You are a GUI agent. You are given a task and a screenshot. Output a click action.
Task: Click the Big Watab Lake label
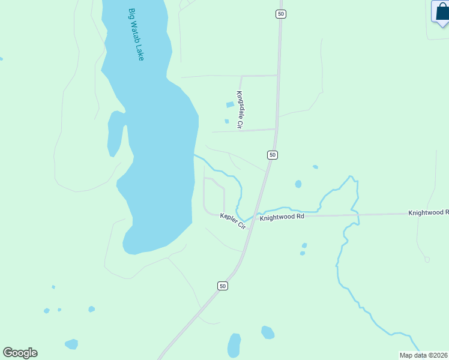(x=136, y=34)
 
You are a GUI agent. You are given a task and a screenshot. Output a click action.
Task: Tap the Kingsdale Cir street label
(x=239, y=110)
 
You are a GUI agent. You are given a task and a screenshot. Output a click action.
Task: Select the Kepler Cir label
(x=233, y=220)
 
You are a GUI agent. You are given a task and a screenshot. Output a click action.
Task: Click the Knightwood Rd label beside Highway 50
(x=282, y=217)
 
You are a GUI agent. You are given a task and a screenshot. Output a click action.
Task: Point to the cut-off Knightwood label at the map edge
(x=428, y=212)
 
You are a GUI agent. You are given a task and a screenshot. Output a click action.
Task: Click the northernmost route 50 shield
(x=280, y=13)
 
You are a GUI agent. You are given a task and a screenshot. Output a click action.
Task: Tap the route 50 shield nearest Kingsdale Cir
(x=273, y=155)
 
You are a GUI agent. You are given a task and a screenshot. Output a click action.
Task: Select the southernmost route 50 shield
(x=223, y=286)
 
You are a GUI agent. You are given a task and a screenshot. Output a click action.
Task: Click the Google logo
(x=20, y=352)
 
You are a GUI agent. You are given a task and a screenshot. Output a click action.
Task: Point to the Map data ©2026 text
(x=424, y=355)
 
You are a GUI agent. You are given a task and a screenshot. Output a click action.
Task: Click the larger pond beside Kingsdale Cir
(x=230, y=105)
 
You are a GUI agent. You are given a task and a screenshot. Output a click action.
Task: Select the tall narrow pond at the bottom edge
(x=234, y=346)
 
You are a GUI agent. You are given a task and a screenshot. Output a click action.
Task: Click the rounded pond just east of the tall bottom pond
(x=268, y=332)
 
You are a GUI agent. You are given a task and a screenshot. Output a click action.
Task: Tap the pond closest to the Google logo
(x=71, y=344)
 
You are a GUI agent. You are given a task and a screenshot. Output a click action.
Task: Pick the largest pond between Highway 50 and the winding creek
(x=298, y=184)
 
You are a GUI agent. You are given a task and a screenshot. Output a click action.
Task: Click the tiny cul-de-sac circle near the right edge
(x=427, y=259)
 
